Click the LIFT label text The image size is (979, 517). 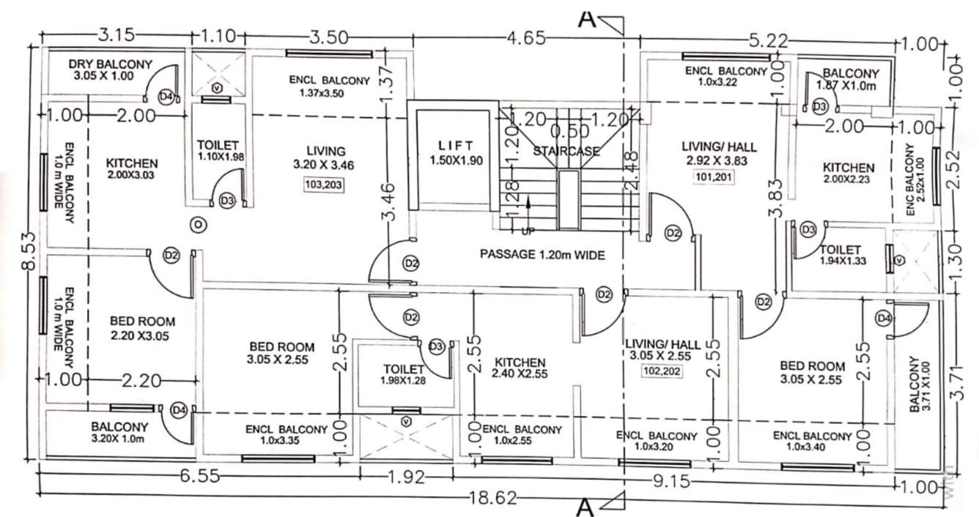(x=456, y=145)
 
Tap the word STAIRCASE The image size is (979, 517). (x=566, y=151)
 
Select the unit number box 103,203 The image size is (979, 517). (x=323, y=185)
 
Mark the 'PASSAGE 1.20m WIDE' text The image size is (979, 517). (x=542, y=256)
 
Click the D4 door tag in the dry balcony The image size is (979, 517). (x=167, y=96)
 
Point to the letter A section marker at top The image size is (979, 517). (x=585, y=18)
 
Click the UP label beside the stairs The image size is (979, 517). (x=525, y=233)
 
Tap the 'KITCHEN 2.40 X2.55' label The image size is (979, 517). (x=520, y=368)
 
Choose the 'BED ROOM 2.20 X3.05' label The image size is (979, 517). (x=143, y=327)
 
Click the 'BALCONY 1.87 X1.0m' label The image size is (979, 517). (x=850, y=79)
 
